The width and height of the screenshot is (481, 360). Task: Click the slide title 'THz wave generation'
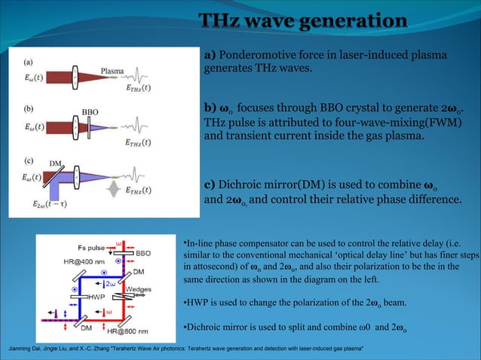point(302,21)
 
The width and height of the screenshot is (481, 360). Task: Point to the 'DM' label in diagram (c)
point(54,163)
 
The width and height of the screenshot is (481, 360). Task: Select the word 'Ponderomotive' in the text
point(256,56)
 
